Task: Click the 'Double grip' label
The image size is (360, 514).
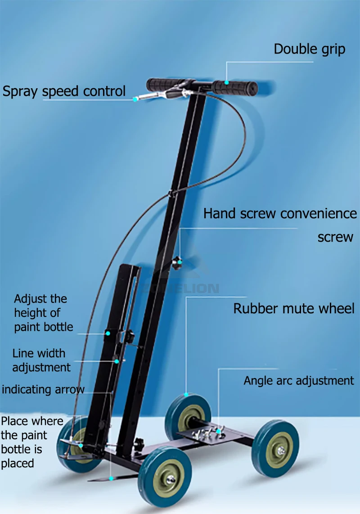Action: (x=310, y=49)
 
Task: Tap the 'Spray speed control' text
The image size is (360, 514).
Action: (x=64, y=91)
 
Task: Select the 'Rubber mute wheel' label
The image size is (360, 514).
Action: (x=294, y=309)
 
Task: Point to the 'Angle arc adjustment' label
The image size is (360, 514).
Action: (x=299, y=381)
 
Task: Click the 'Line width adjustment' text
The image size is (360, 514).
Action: (x=41, y=360)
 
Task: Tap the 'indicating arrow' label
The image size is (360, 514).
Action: (x=43, y=389)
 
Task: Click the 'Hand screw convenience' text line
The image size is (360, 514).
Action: (x=280, y=213)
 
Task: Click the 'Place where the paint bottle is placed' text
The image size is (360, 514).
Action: (x=31, y=442)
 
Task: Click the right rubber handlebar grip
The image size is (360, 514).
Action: (x=235, y=86)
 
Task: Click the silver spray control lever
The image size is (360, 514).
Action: (x=153, y=95)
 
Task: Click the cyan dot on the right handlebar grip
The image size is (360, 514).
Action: (x=227, y=82)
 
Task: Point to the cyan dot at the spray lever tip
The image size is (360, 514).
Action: (x=135, y=99)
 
